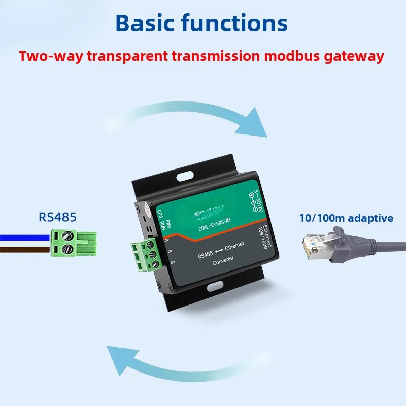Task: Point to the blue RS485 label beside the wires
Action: coord(57,217)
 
